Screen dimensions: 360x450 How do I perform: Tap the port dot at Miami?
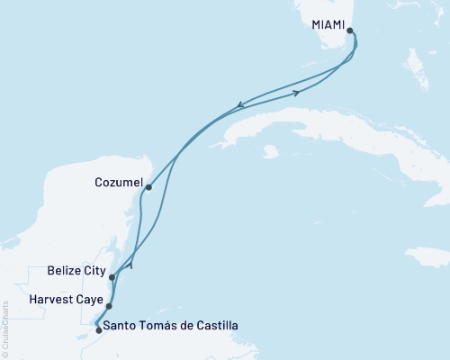350,31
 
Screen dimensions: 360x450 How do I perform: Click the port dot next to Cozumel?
148,187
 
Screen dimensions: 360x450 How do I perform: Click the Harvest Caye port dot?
109,306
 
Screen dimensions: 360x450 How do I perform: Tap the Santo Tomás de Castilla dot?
98,330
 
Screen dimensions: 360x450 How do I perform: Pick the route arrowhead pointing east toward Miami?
296,92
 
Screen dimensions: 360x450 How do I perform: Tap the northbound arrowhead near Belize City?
132,265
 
